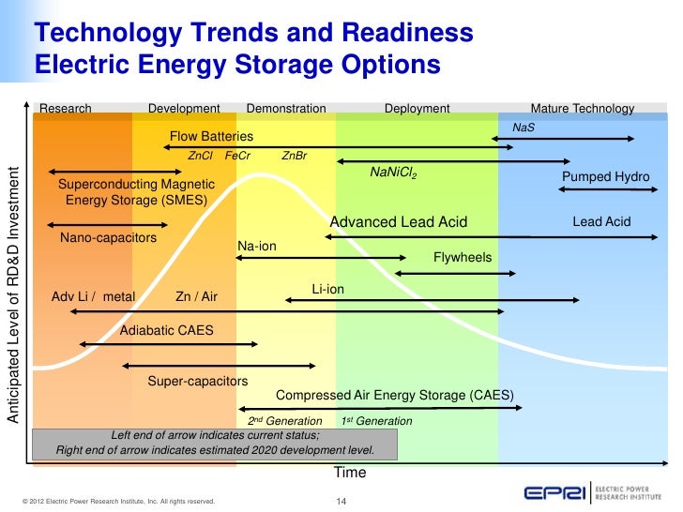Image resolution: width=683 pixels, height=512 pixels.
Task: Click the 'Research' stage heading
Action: (x=65, y=109)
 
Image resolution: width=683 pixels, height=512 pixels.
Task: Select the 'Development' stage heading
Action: (x=184, y=109)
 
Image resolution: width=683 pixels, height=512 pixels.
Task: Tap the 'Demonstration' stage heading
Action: (x=286, y=109)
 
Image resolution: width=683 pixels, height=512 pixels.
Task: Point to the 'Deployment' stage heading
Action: (x=417, y=109)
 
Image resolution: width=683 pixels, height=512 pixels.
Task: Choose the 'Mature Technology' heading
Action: (x=583, y=109)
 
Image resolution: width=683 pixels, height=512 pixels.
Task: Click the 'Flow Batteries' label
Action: (x=211, y=137)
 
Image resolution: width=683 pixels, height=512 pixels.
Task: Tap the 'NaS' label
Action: (x=523, y=127)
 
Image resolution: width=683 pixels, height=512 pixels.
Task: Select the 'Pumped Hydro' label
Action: (x=605, y=177)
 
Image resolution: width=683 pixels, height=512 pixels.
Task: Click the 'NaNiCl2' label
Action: (x=393, y=173)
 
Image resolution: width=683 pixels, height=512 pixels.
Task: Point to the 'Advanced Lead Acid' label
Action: (x=399, y=222)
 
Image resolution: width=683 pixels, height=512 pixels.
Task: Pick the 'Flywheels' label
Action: (x=463, y=257)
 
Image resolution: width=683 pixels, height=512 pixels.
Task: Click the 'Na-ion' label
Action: (x=256, y=247)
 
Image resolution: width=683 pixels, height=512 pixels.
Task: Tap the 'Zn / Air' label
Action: (x=196, y=297)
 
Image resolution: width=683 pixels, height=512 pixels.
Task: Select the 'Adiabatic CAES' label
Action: (x=167, y=331)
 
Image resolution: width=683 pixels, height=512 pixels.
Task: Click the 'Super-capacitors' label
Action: (x=197, y=382)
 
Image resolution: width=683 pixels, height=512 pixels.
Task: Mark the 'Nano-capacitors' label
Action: (x=108, y=239)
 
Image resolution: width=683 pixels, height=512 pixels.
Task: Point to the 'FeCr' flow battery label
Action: (x=238, y=156)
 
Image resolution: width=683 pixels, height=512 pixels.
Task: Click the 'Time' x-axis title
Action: (x=350, y=473)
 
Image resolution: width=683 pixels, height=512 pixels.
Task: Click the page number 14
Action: (x=341, y=502)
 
